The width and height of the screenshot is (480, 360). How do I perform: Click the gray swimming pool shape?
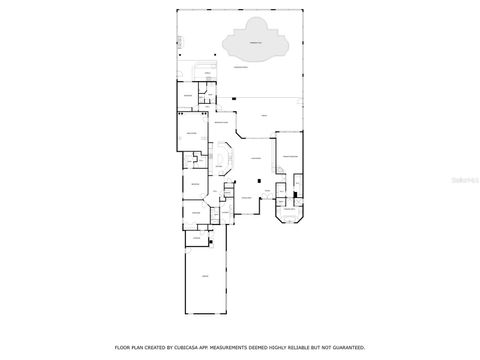click(x=256, y=42)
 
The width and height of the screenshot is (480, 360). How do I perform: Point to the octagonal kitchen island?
click(x=222, y=160)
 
